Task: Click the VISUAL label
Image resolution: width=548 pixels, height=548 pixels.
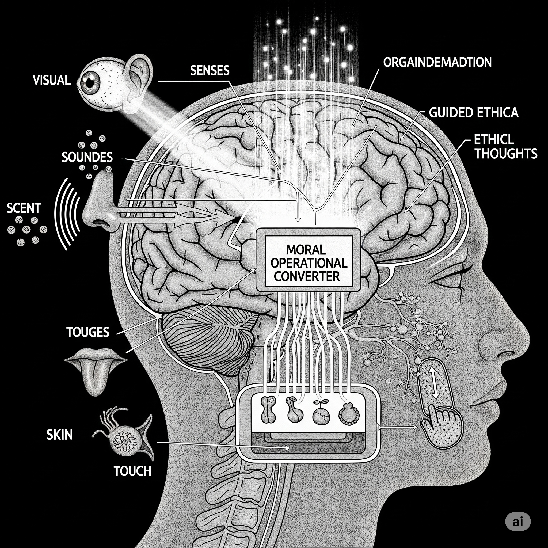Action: (x=52, y=80)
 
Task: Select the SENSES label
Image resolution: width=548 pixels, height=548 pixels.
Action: (x=210, y=70)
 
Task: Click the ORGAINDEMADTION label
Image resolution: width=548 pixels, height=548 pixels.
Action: (x=437, y=62)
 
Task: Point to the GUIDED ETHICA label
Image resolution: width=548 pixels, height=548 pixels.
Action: (x=473, y=113)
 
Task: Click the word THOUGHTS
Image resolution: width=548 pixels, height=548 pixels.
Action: (x=506, y=153)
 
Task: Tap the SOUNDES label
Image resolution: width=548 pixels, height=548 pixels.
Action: (x=87, y=157)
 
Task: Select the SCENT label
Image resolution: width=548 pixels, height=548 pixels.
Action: (x=24, y=208)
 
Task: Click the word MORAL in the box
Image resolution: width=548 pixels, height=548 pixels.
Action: (x=306, y=250)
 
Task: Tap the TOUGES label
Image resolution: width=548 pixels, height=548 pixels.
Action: (x=88, y=332)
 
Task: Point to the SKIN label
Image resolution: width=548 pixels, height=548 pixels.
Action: (x=60, y=435)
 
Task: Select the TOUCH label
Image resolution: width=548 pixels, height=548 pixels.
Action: (x=132, y=471)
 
